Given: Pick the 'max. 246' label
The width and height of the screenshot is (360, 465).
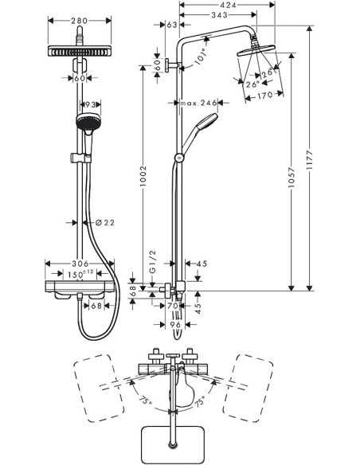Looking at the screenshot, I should pos(199,103).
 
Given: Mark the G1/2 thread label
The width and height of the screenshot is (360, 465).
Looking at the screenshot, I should pos(153,272).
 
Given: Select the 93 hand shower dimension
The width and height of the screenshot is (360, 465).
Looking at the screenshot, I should pos(91,104).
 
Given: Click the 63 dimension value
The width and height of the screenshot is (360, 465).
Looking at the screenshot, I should pos(173,25).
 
